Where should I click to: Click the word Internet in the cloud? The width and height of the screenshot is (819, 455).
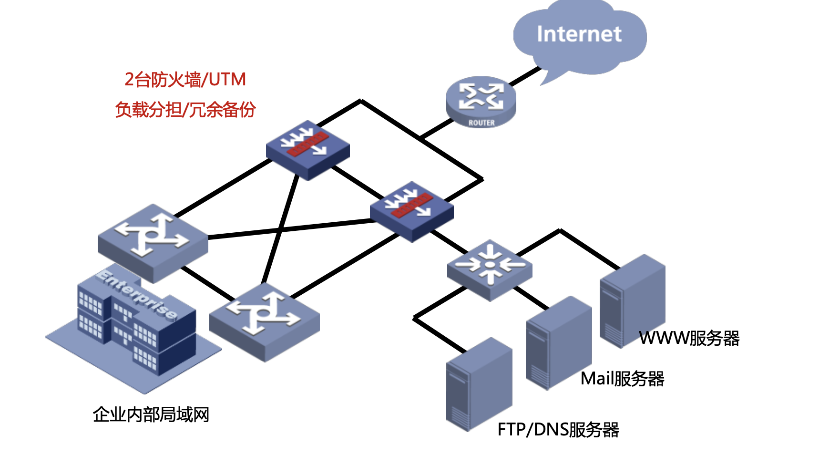coord(579,34)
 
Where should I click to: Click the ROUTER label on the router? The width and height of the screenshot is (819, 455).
coord(481,123)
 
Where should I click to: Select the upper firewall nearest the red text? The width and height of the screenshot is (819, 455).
coord(307,149)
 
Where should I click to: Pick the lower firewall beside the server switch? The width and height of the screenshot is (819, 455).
coord(411,210)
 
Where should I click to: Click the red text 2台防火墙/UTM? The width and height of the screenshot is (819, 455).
coord(185,79)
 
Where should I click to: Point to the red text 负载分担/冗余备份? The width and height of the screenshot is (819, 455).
coord(185,110)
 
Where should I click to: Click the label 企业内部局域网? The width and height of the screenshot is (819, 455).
coord(151,414)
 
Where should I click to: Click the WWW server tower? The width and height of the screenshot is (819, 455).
coord(632,300)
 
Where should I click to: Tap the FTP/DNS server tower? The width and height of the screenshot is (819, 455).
coord(479,384)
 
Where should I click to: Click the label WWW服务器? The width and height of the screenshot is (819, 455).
coord(689,338)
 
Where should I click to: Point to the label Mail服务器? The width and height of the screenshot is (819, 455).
coord(622,379)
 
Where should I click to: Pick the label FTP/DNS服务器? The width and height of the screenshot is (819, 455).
coord(558,430)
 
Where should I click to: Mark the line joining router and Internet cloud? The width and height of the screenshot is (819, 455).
coord(526,76)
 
